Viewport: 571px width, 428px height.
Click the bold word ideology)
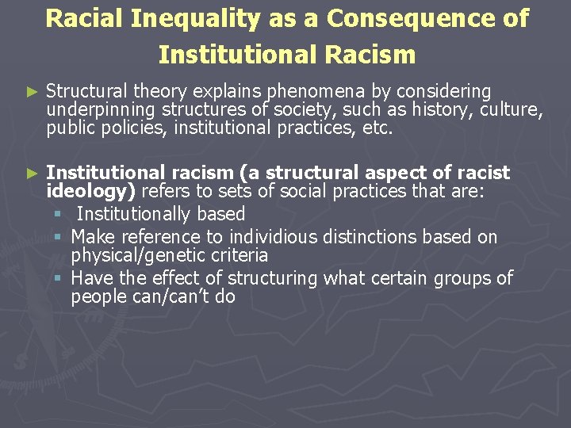[91, 191]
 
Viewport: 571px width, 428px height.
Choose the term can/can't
[180, 297]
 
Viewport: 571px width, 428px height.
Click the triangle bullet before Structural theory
[32, 93]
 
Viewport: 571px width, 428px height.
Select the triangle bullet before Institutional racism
[32, 173]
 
